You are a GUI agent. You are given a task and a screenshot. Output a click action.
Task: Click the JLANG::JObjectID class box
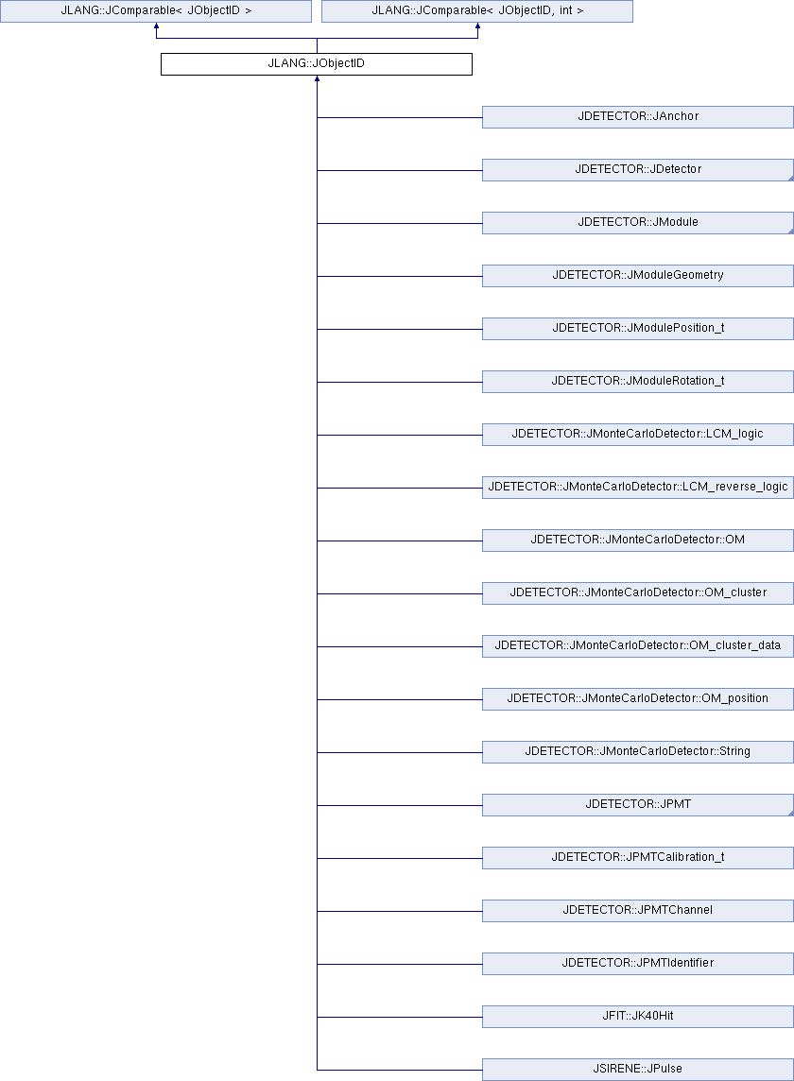[x=317, y=64]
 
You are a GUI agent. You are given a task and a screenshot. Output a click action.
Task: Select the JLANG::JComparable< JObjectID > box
[x=156, y=11]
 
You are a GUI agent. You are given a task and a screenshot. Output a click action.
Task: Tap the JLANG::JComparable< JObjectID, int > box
[x=477, y=11]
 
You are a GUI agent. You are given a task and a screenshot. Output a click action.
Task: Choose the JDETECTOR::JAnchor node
[x=638, y=117]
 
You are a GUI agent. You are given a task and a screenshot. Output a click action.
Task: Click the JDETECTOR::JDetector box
[x=638, y=170]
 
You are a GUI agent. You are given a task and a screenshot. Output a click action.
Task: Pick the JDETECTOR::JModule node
[x=638, y=223]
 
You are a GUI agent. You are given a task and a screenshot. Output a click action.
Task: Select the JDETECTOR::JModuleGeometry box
[x=638, y=276]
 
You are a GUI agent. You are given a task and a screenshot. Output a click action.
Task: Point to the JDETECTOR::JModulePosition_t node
[x=638, y=329]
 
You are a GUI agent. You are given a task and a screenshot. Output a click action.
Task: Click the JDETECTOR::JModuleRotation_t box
[x=638, y=382]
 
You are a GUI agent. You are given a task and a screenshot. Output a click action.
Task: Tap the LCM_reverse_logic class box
[x=638, y=488]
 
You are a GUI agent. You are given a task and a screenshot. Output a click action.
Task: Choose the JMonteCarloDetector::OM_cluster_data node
[x=638, y=646]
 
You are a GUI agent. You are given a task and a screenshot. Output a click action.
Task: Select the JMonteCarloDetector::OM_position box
[x=638, y=699]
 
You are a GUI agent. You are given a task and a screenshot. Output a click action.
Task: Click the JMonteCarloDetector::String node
[x=638, y=752]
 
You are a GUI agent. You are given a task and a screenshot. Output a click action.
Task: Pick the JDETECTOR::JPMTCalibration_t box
[x=638, y=858]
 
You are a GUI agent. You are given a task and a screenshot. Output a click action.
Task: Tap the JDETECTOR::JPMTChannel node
[x=638, y=911]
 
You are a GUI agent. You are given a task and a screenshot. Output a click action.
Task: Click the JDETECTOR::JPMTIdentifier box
[x=638, y=964]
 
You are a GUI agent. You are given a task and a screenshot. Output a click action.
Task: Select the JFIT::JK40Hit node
[x=638, y=1017]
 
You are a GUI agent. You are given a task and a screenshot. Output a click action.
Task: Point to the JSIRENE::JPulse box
[x=638, y=1070]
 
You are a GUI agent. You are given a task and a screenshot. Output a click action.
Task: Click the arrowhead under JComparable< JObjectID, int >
[x=477, y=26]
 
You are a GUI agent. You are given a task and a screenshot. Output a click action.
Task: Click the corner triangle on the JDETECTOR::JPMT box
[x=791, y=814]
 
